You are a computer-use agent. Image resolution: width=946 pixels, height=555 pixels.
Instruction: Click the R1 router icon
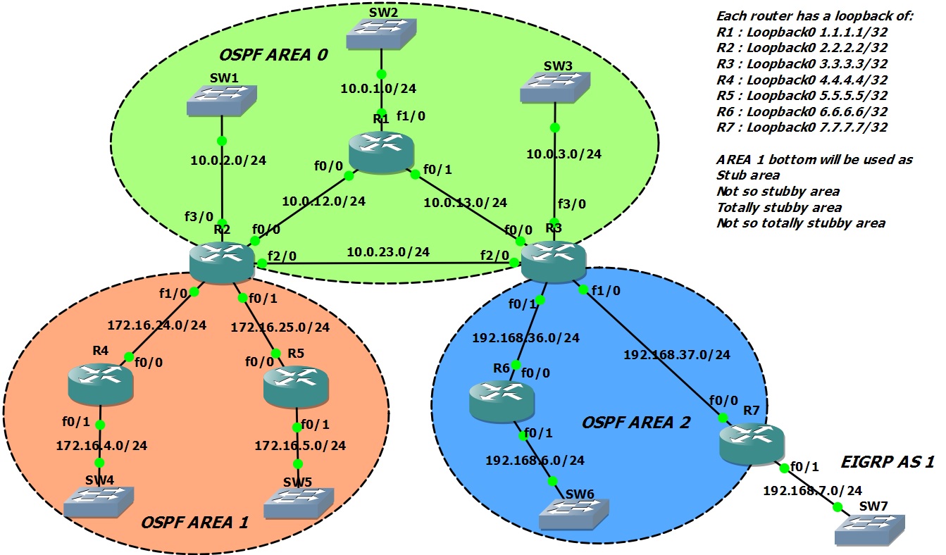click(x=381, y=151)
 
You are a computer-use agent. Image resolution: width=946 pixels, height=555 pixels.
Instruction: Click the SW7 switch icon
click(x=870, y=529)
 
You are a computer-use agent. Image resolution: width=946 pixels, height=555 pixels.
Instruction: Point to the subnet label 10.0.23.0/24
click(x=388, y=251)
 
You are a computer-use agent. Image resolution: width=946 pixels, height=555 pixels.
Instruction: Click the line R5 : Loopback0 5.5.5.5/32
click(x=802, y=95)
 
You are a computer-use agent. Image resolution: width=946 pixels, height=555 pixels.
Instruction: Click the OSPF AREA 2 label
click(x=635, y=423)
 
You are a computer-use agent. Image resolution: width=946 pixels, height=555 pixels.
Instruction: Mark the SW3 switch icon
click(x=554, y=89)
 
